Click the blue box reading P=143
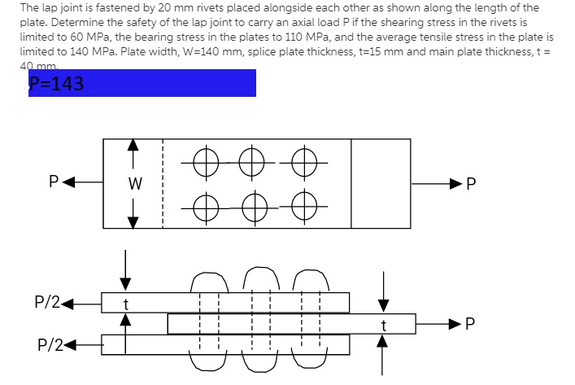142,83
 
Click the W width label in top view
135,184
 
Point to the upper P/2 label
47,302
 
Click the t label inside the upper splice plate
125,303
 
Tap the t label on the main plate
383,324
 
